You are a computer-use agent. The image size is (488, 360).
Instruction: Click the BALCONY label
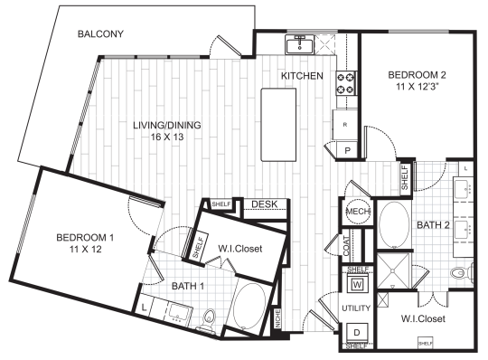[100, 35]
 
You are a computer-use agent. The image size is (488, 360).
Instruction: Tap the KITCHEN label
[302, 76]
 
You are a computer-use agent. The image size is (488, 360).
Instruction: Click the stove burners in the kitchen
[346, 84]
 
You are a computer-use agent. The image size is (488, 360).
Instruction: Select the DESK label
[264, 204]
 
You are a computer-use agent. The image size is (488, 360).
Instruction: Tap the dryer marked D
[357, 331]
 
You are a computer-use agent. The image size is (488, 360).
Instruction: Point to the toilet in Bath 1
[210, 316]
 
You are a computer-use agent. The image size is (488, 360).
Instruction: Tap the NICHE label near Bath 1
[277, 318]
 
